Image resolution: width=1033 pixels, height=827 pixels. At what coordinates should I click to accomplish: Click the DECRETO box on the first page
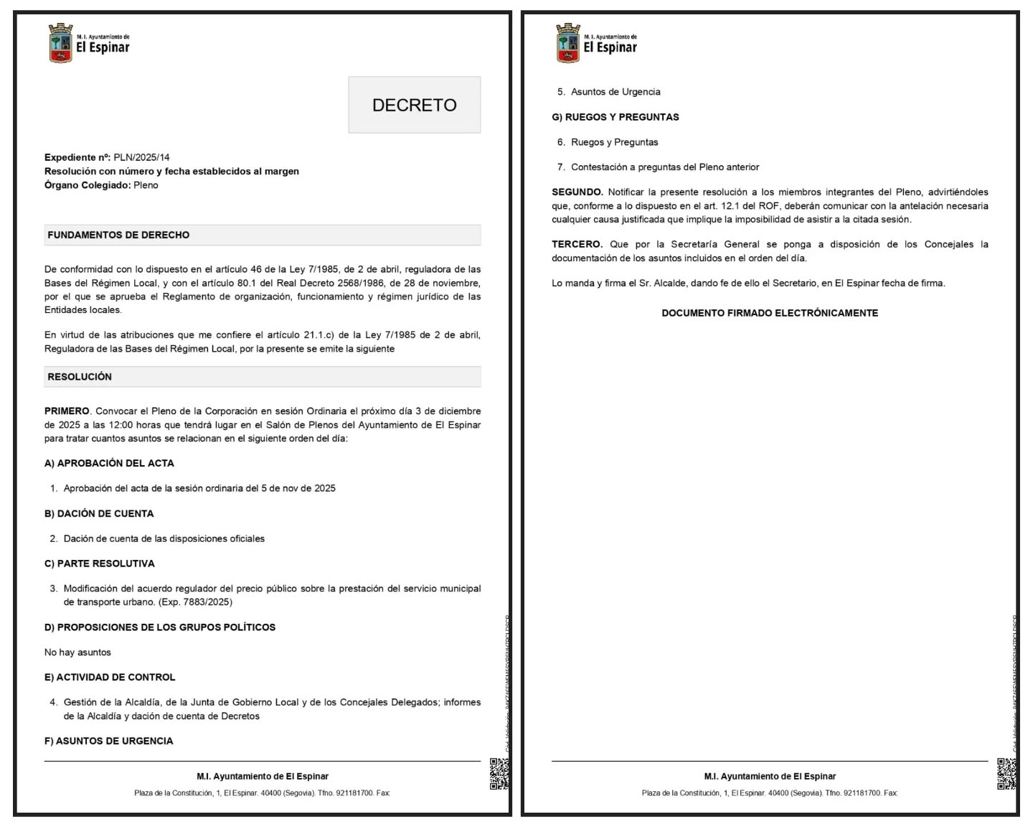pos(414,105)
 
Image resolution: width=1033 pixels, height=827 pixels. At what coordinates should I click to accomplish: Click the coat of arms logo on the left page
pos(60,43)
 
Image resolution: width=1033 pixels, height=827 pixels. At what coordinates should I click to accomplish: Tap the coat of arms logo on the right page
pos(567,43)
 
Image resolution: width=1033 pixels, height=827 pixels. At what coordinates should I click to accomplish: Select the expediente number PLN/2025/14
pos(141,157)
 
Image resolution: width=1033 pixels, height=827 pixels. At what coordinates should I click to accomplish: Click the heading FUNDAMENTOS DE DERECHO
pos(118,235)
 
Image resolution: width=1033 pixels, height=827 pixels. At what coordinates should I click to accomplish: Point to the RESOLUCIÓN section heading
pos(80,377)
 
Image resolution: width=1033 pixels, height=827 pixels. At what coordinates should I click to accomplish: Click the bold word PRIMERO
pos(67,411)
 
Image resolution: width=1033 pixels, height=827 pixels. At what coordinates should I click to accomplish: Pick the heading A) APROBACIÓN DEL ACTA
pos(109,463)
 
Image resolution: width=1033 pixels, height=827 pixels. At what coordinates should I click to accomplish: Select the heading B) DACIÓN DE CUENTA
pos(99,513)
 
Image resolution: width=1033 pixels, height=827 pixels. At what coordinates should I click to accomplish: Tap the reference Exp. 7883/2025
pos(195,602)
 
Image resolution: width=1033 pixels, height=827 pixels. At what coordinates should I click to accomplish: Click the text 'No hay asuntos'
pos(77,653)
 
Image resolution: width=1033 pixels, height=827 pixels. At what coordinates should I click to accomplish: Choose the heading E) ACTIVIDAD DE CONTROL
pos(110,677)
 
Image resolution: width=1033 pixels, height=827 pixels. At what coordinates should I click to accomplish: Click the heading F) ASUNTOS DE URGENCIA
pos(108,741)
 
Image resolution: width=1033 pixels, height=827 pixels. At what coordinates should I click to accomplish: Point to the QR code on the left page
pos(499,773)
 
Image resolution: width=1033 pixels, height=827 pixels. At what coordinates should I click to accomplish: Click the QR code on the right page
pos(1006,773)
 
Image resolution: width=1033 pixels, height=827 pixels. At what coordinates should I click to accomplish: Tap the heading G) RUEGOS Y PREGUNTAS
pos(615,117)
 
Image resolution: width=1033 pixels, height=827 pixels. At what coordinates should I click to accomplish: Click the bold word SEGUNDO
pos(577,192)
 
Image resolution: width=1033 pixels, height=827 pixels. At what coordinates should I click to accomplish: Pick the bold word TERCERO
pos(577,245)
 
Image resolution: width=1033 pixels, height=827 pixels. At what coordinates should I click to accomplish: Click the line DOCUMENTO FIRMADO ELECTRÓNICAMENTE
pos(770,313)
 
